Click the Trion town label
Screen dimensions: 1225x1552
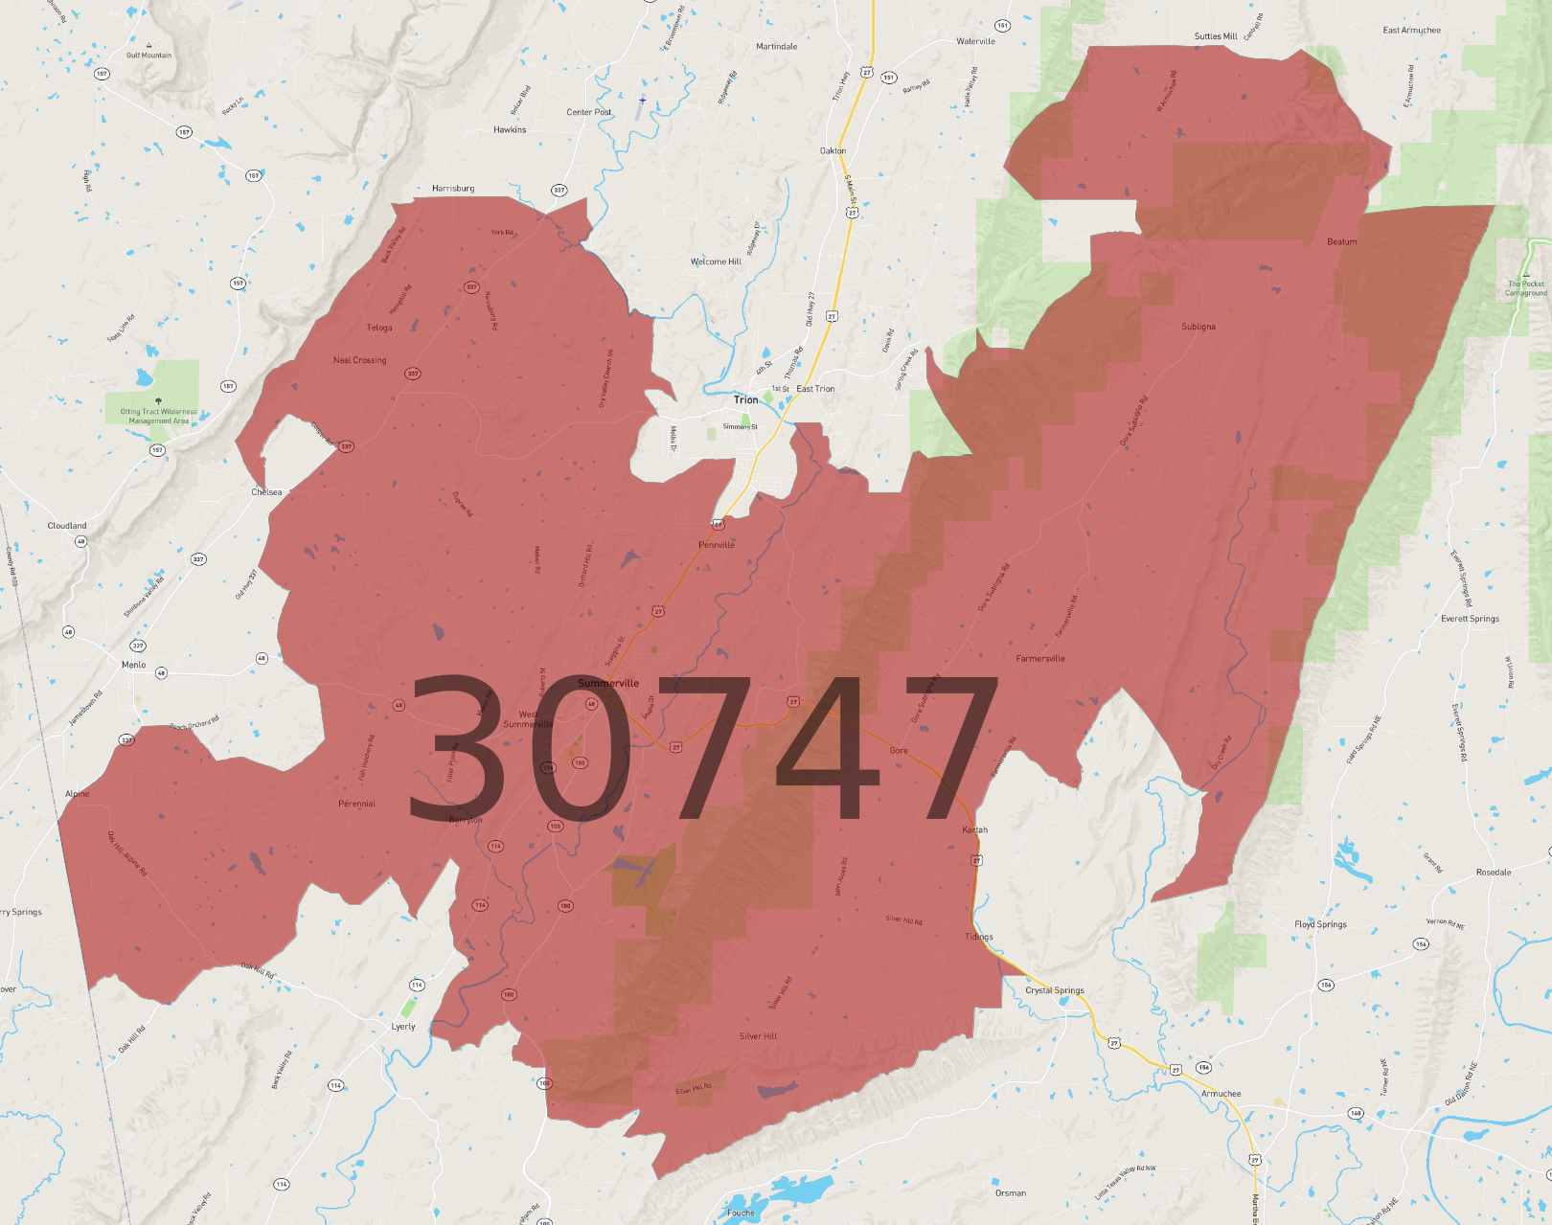click(x=745, y=399)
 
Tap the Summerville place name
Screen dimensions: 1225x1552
click(x=608, y=683)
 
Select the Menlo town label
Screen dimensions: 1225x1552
click(x=134, y=665)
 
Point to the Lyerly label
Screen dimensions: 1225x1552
click(x=403, y=1027)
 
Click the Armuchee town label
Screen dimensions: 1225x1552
click(x=1221, y=1094)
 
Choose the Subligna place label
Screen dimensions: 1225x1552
click(x=1198, y=327)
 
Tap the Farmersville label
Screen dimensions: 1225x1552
click(x=1040, y=659)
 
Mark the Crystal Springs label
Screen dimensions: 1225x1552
click(x=1055, y=990)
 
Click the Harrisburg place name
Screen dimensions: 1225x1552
click(x=453, y=189)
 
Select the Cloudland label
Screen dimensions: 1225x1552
click(x=67, y=526)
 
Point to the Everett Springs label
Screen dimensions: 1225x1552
click(x=1470, y=619)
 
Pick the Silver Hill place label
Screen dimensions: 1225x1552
click(x=758, y=1036)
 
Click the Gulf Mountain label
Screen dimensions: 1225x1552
click(x=149, y=56)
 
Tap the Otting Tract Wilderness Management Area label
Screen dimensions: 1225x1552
click(x=159, y=417)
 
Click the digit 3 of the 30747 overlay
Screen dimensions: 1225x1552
click(x=456, y=747)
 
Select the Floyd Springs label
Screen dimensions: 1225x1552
click(x=1320, y=924)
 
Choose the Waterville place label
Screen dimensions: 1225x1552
click(x=975, y=41)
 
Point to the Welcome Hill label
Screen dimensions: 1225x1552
click(x=716, y=261)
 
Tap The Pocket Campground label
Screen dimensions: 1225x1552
click(x=1526, y=288)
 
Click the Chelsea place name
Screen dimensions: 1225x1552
click(x=266, y=492)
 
